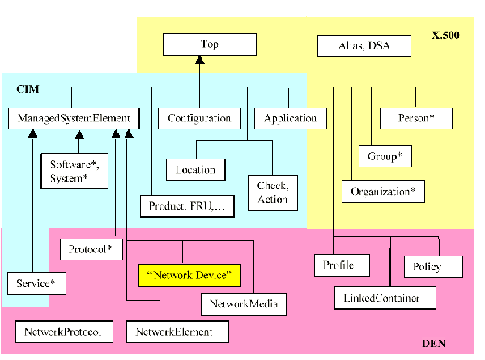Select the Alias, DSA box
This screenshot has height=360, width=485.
tap(364, 45)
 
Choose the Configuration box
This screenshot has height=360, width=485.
tap(199, 118)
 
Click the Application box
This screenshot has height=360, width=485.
tap(290, 118)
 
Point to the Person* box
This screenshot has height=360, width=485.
tap(416, 118)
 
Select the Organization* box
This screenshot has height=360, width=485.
tap(383, 193)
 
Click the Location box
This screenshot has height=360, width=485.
tap(195, 170)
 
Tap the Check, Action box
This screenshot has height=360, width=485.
tap(272, 193)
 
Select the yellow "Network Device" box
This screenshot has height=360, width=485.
tap(190, 276)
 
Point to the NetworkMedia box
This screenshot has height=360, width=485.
tap(240, 304)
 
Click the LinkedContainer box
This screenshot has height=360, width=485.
tap(386, 298)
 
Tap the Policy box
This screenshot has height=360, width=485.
tap(432, 266)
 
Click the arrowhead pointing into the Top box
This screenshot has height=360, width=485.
tap(198, 61)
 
